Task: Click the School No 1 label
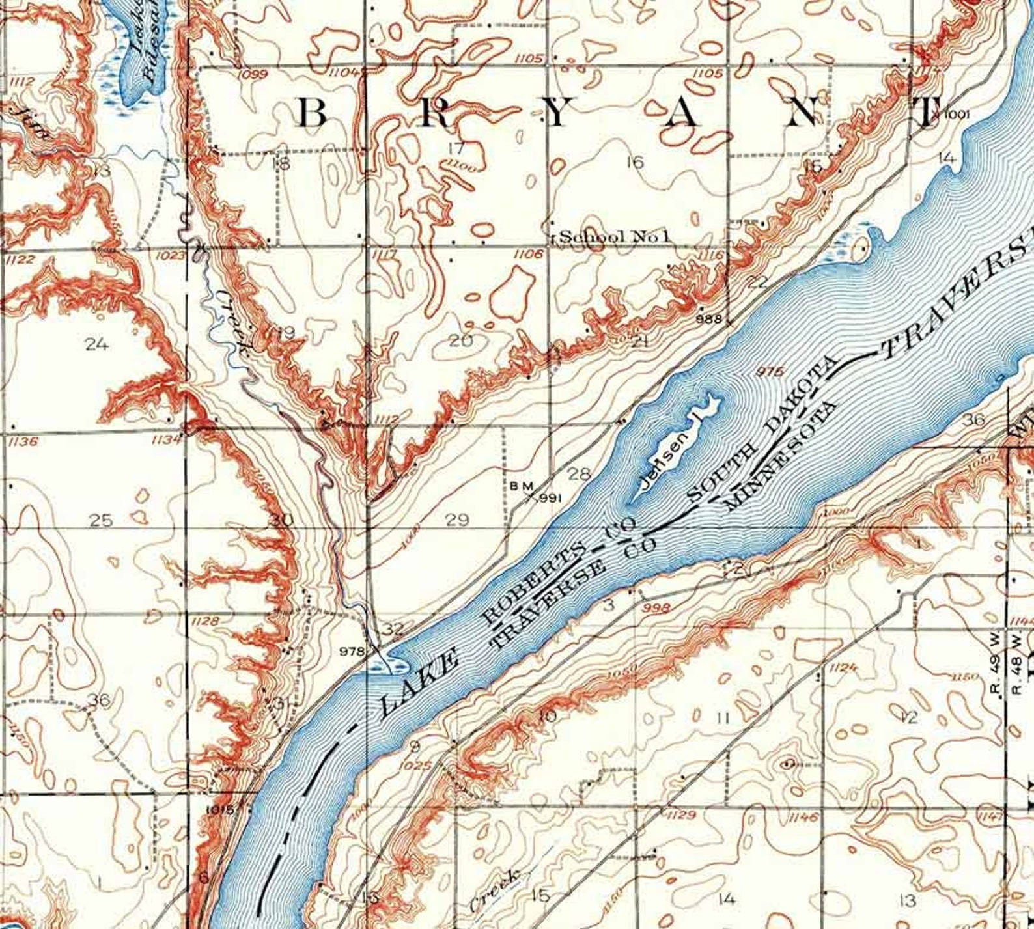(x=613, y=236)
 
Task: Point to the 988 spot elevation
(x=709, y=319)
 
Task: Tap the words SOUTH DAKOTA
(x=762, y=430)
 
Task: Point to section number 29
(x=458, y=520)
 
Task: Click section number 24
(x=97, y=344)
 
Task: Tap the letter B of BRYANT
(x=312, y=115)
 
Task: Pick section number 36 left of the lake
(x=99, y=700)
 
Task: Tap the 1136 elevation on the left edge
(x=24, y=442)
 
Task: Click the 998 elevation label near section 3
(x=655, y=607)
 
